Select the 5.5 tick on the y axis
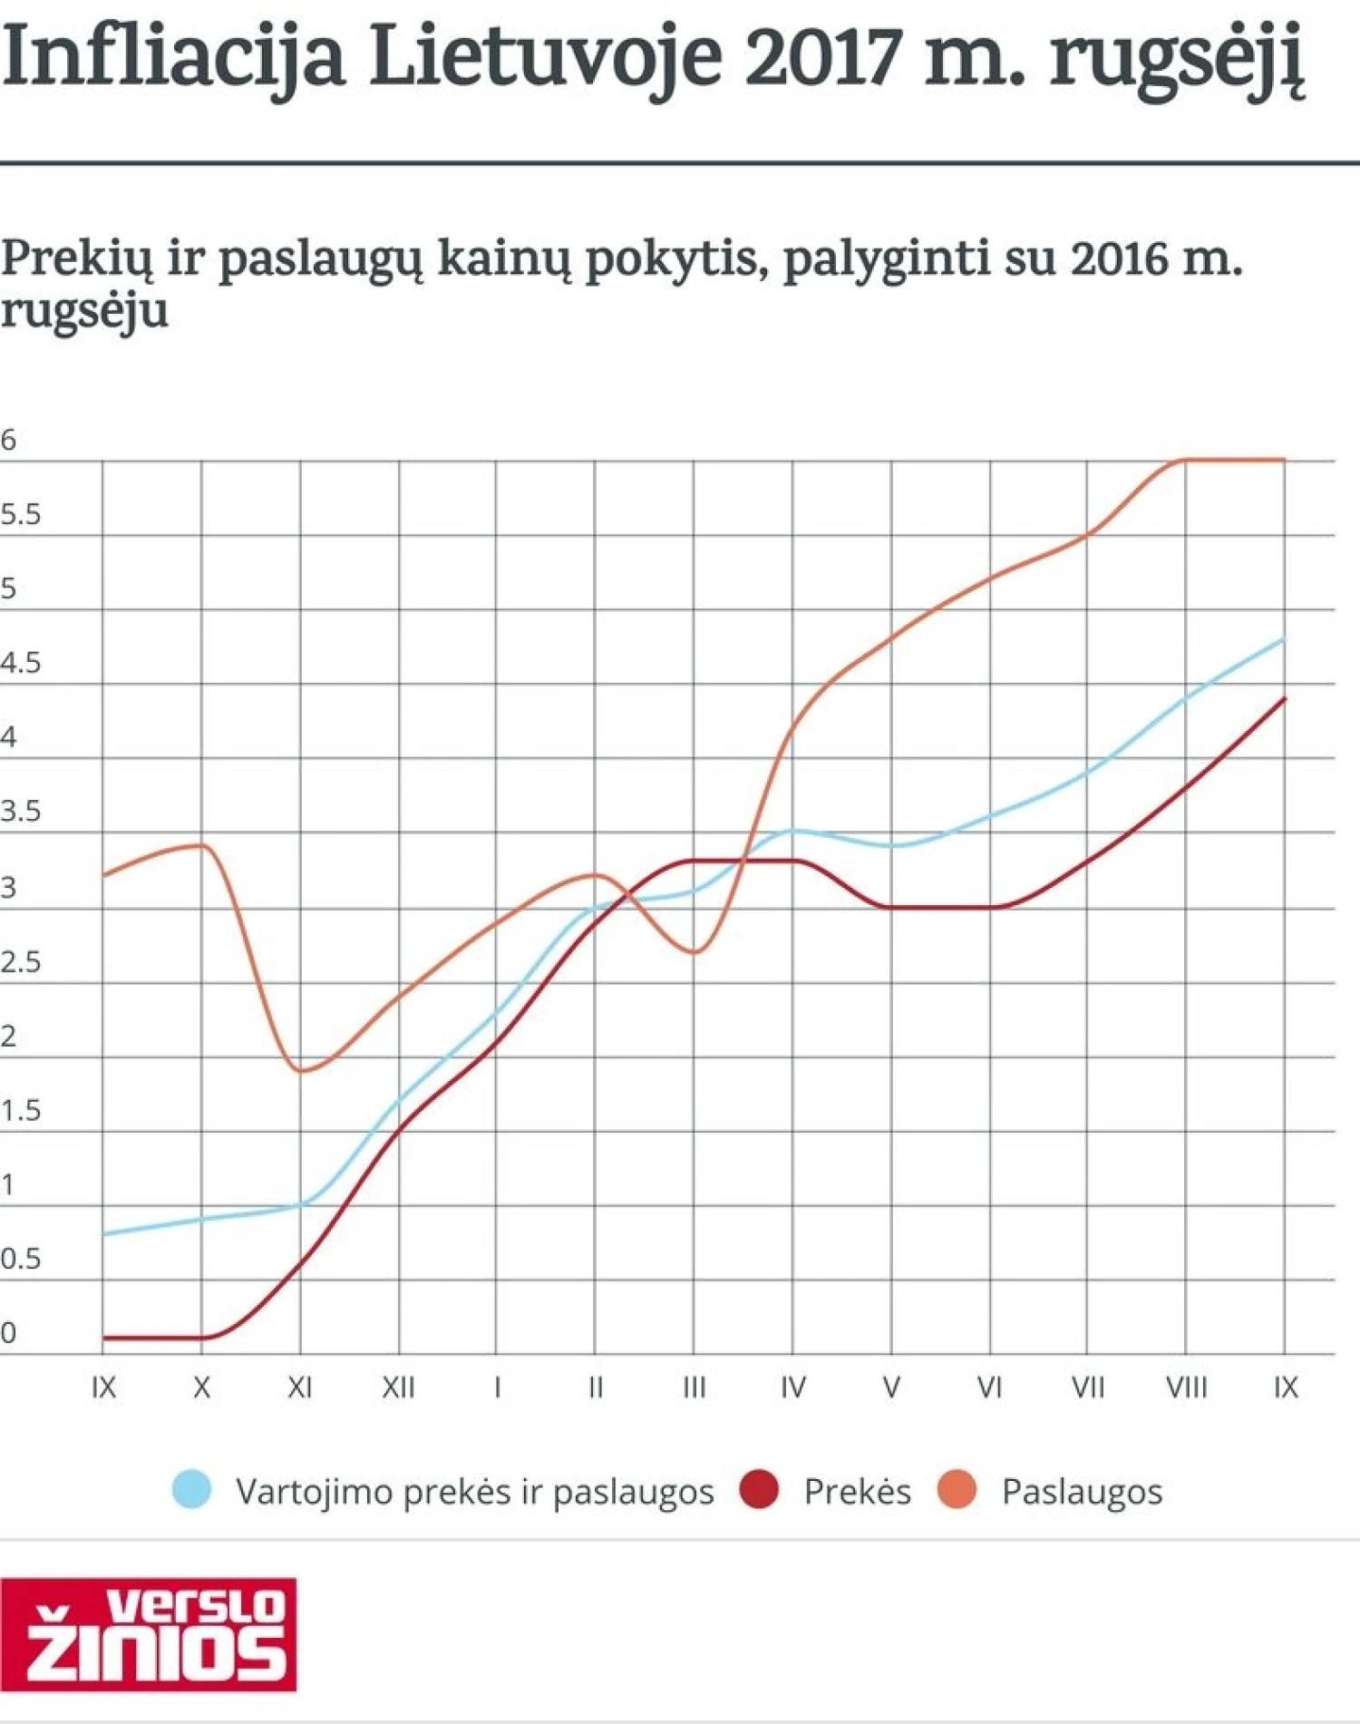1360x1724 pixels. [x=21, y=515]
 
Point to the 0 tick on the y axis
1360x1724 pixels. [x=8, y=1332]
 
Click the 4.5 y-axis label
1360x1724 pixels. [x=21, y=663]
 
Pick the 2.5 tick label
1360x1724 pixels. [x=21, y=961]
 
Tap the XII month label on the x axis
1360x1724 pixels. [x=398, y=1387]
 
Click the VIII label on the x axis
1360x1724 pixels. [x=1186, y=1387]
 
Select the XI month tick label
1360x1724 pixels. [x=299, y=1387]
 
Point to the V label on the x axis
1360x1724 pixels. [x=891, y=1387]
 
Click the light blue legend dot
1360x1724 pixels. [x=191, y=1490]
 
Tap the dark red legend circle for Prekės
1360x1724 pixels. [x=759, y=1490]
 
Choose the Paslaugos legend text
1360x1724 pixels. [x=1082, y=1492]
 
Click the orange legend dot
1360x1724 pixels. [x=957, y=1490]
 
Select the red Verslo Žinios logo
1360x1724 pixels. [x=149, y=1634]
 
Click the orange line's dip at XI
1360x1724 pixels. [x=301, y=1071]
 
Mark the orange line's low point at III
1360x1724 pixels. [x=694, y=952]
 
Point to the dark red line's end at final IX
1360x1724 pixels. [x=1285, y=698]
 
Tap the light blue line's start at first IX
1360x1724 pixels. [x=103, y=1233]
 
